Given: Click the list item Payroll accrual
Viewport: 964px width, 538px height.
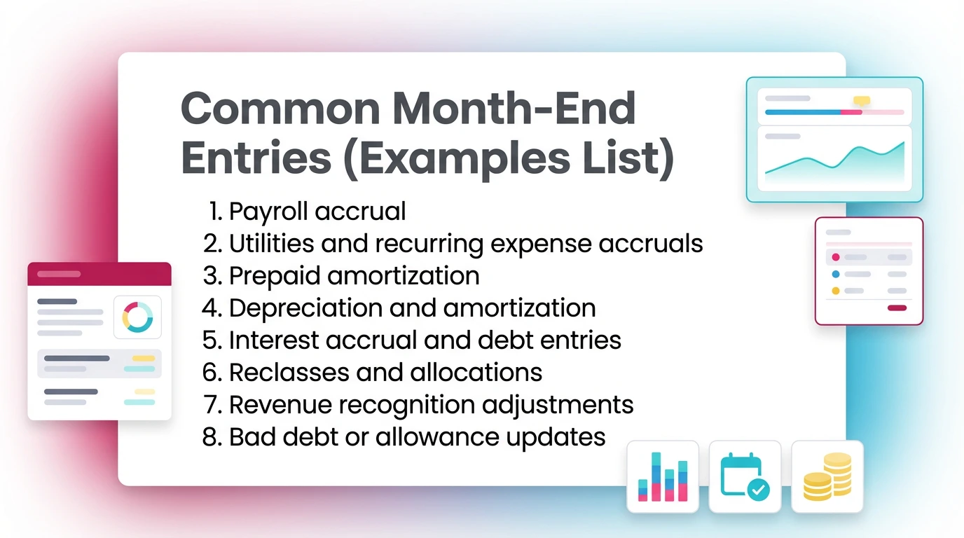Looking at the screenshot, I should coord(317,211).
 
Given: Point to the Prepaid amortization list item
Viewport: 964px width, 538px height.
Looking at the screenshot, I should coord(354,275).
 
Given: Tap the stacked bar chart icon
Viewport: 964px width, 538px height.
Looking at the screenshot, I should coord(663,477).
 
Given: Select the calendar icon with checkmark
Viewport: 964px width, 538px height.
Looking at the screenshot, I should coord(745,477).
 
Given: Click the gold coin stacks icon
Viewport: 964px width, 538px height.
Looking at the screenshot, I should coord(827,477).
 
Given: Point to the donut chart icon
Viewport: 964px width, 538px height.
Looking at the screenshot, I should coord(137,317).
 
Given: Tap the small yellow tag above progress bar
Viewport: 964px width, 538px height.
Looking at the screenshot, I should coord(861,101).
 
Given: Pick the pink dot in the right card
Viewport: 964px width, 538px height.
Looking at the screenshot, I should coord(835,257).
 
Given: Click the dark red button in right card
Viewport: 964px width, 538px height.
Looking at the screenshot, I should coord(897,308).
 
